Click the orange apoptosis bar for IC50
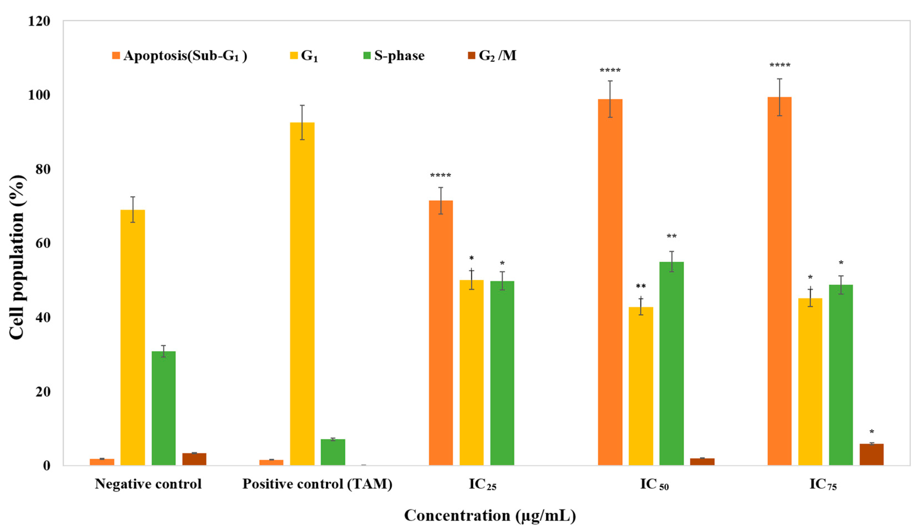(610, 282)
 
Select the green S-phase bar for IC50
(671, 363)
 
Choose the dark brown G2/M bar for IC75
(871, 454)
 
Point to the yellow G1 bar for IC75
(810, 382)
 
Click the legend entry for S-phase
(394, 56)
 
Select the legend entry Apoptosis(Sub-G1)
(180, 56)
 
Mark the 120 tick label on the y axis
(39, 21)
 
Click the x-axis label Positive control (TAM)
(317, 484)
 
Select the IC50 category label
(654, 485)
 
